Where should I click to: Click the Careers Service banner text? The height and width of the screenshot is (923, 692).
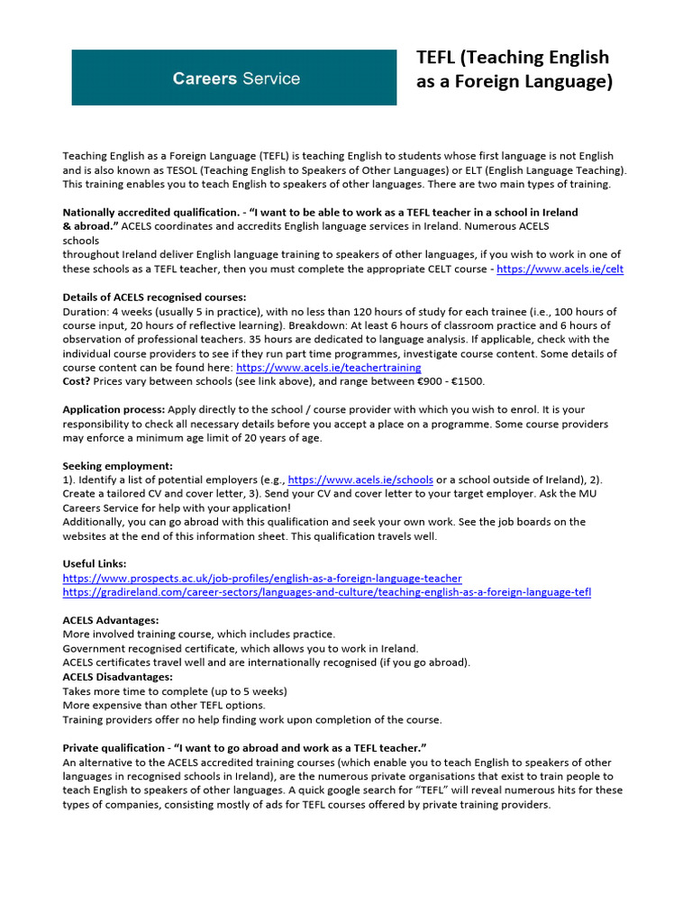[236, 78]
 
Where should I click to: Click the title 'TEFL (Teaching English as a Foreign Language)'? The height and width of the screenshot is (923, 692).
[514, 69]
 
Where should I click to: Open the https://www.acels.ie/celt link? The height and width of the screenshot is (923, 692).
[560, 269]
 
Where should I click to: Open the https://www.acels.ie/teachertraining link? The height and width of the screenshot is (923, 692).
[328, 368]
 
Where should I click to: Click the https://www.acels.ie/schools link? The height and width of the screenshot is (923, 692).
[360, 480]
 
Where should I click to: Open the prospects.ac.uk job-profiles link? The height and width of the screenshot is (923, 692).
[262, 578]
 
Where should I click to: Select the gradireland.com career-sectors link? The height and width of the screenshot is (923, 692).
[327, 592]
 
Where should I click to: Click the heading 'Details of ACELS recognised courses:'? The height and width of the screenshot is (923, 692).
[154, 297]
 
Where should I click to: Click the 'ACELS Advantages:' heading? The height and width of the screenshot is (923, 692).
[111, 620]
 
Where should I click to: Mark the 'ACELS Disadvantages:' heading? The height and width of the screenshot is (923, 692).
[118, 676]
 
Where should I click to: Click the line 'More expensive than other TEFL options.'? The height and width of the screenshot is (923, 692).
[164, 705]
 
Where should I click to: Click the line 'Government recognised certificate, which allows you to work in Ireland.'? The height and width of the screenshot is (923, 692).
[241, 648]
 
